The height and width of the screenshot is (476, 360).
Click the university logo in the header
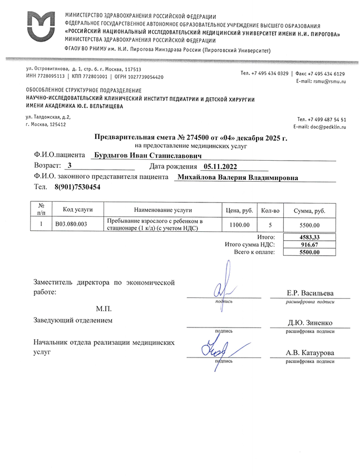pos(40,26)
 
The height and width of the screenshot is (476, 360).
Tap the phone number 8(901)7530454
pos(78,188)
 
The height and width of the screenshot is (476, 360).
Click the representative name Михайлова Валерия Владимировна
pos(236,177)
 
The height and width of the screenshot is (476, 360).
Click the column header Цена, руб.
pos(239,210)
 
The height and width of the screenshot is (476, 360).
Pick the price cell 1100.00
pos(239,225)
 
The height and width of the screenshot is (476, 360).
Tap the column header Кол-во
pos(270,210)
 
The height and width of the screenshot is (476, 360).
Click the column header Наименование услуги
pos(163,210)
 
